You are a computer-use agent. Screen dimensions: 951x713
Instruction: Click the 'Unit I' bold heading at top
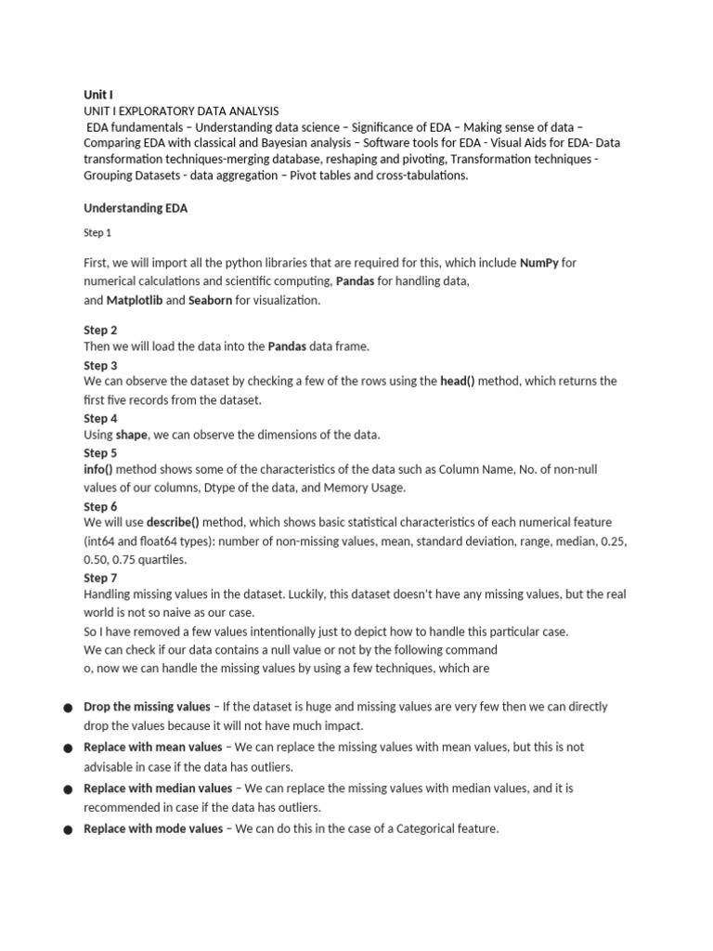click(x=98, y=94)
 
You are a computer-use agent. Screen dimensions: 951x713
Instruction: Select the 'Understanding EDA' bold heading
click(x=136, y=209)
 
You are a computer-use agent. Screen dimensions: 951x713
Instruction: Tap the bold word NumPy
click(x=539, y=263)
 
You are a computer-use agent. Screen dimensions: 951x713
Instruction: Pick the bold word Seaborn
click(x=210, y=300)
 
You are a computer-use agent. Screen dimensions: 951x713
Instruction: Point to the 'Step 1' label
click(x=97, y=234)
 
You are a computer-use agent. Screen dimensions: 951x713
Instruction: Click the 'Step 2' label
click(x=100, y=330)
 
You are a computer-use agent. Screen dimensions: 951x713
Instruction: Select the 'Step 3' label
click(x=100, y=365)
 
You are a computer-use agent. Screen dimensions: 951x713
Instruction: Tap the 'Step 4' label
click(x=100, y=418)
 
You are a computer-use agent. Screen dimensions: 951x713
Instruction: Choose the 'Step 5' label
click(x=100, y=453)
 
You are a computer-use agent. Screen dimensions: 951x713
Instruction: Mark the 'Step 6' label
click(x=100, y=506)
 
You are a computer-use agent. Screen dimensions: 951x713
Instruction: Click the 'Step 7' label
click(x=100, y=578)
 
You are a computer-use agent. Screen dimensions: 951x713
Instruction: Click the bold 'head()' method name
click(x=457, y=382)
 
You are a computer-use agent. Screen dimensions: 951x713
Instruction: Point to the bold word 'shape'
click(x=131, y=435)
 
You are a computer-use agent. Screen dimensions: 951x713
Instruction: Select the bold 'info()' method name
click(x=97, y=470)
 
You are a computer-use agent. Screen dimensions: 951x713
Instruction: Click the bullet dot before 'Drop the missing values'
click(x=69, y=708)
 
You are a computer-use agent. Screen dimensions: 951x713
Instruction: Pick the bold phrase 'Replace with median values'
click(x=158, y=788)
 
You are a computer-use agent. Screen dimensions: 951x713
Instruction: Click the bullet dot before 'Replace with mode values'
click(x=69, y=829)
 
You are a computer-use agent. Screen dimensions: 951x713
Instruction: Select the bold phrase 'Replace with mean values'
click(x=153, y=747)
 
